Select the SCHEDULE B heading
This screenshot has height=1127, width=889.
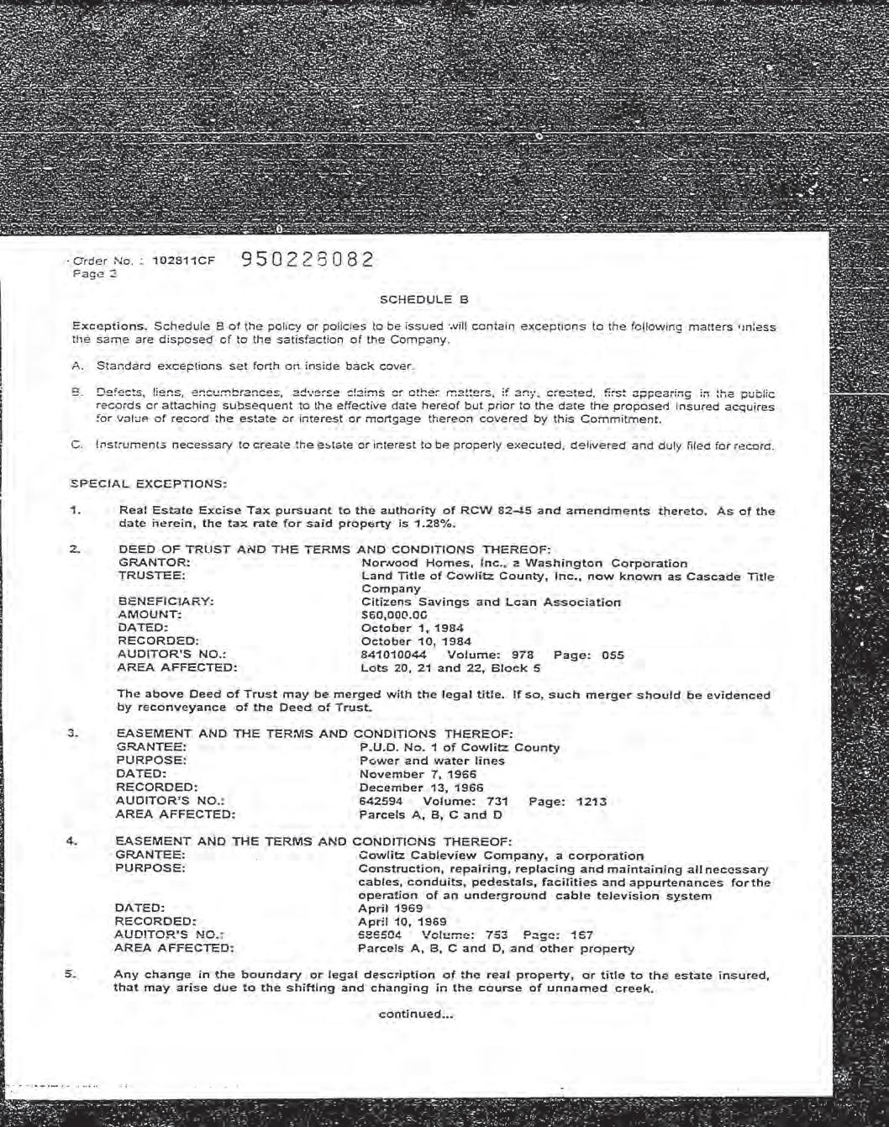[423, 299]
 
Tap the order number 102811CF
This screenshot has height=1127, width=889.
[183, 261]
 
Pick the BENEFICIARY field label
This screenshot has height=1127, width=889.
[166, 602]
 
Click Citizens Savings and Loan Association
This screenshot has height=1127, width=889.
[491, 602]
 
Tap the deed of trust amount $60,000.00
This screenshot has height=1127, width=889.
[394, 615]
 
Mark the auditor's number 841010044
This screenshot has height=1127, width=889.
[394, 655]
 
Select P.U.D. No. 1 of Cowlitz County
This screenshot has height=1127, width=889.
[459, 747]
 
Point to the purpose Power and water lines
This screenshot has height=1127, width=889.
[432, 761]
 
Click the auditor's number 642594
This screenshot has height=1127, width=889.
[381, 801]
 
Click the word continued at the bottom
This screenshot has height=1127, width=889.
[415, 1014]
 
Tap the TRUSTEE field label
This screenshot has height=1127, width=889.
[152, 577]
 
